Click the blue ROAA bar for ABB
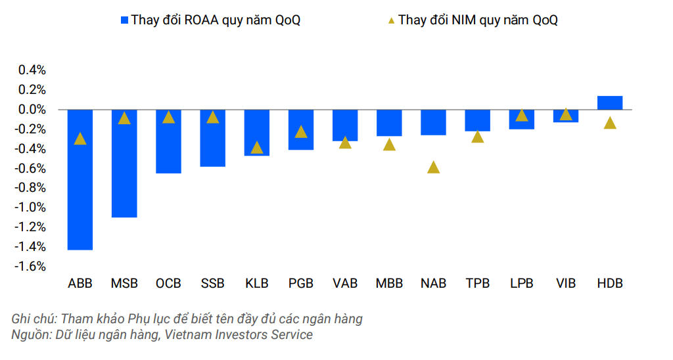[x=80, y=179]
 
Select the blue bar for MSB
[x=124, y=163]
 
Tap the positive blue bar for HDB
[x=610, y=102]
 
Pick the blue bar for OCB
[x=168, y=141]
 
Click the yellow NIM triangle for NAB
[x=433, y=167]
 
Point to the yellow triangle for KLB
[x=257, y=147]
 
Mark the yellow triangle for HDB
[x=610, y=123]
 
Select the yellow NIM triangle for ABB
[x=80, y=138]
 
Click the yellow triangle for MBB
[x=389, y=145]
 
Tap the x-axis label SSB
[x=212, y=284]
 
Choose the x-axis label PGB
[x=301, y=284]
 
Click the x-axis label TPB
[x=477, y=284]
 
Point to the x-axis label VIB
[x=566, y=284]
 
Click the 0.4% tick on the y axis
[x=32, y=70]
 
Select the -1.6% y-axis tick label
[x=31, y=267]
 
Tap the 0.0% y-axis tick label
[x=32, y=109]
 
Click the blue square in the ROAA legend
[x=124, y=20]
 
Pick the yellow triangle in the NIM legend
[x=391, y=20]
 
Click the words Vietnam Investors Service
[x=239, y=335]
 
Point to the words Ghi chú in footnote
[x=33, y=319]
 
